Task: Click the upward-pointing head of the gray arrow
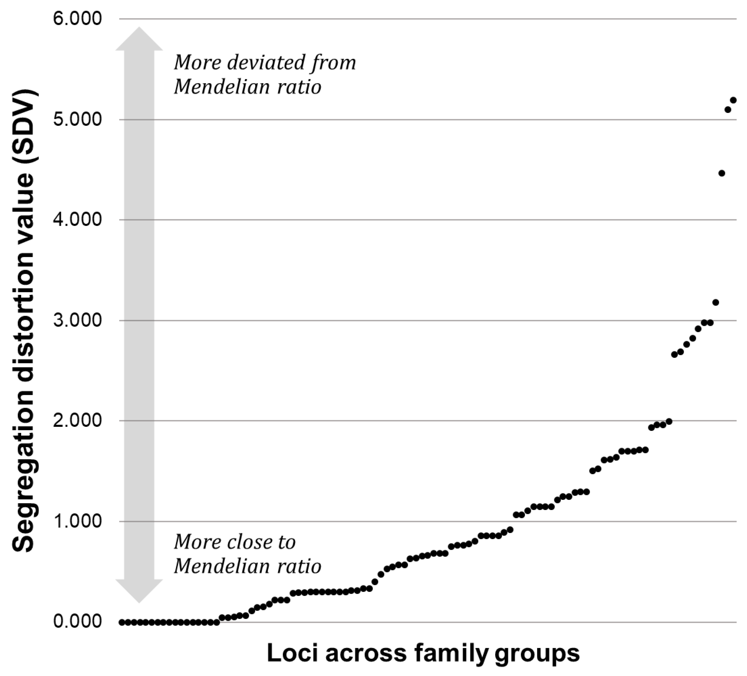[139, 39]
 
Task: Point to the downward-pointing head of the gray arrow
[139, 591]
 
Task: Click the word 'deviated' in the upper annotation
[266, 62]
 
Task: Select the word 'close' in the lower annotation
[249, 542]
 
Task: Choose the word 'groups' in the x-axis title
[537, 653]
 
